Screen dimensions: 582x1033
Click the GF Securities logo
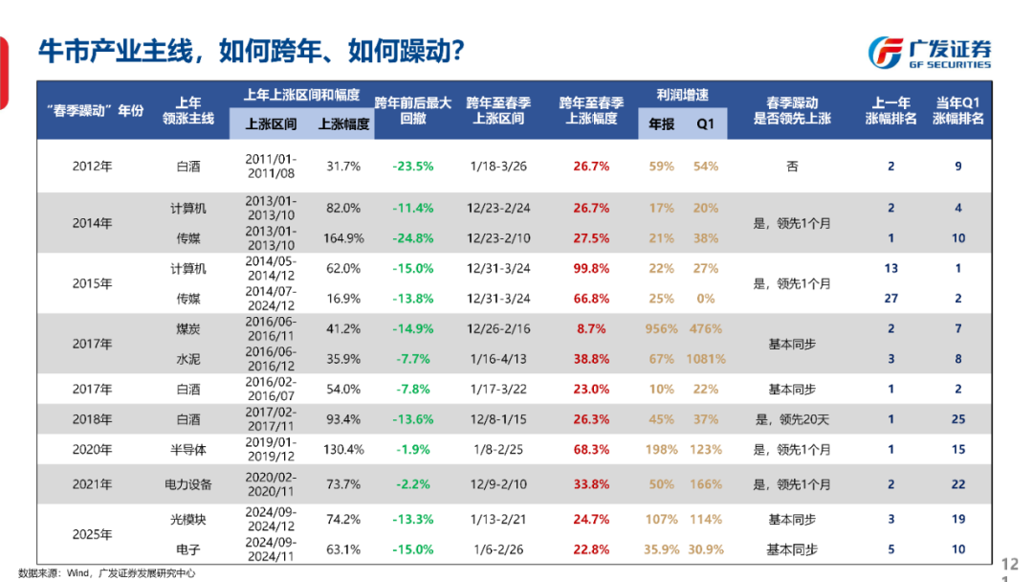tap(929, 53)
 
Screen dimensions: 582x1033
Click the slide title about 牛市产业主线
tap(252, 51)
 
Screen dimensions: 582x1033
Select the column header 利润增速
tap(682, 96)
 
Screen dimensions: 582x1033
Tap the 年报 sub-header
tap(662, 123)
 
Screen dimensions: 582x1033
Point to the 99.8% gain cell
tap(590, 269)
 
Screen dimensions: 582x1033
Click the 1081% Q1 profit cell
tap(706, 359)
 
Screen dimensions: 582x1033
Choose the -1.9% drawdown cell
tap(412, 450)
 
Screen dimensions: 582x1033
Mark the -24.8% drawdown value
tap(412, 238)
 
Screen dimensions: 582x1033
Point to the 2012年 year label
tap(92, 166)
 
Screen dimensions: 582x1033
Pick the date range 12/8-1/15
tap(498, 419)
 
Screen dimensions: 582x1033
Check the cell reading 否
tap(792, 166)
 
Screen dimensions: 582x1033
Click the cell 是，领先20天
tap(792, 419)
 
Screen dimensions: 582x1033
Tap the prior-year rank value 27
tap(891, 299)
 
